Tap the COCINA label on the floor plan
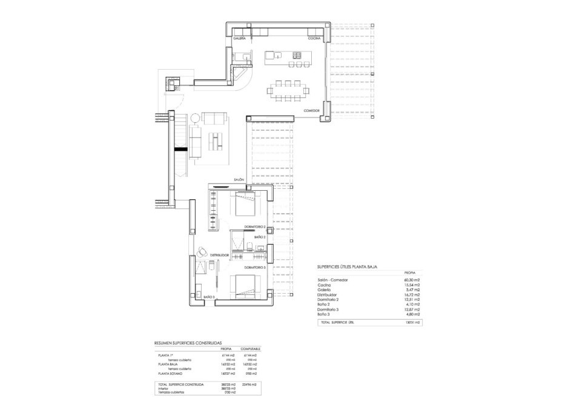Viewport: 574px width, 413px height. point(314,38)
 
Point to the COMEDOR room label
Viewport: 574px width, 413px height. point(311,111)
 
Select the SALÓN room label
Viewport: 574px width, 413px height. point(240,179)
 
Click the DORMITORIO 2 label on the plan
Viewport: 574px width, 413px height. point(255,226)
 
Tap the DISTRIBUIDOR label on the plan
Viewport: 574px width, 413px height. point(219,256)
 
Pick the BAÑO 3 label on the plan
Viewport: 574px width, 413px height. point(209,297)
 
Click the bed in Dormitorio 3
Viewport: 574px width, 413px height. point(246,286)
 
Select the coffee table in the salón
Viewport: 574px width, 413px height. point(216,140)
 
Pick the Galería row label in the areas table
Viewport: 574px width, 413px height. point(325,290)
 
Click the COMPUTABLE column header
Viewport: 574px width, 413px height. point(251,349)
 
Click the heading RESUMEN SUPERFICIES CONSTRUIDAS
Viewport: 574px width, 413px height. point(188,342)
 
